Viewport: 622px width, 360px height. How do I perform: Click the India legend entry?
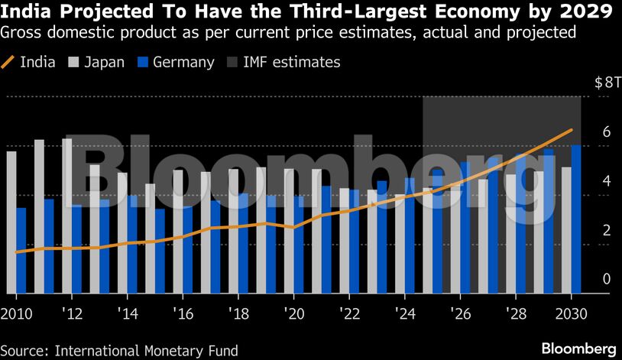tap(29, 62)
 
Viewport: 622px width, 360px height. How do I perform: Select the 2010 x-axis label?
tap(17, 313)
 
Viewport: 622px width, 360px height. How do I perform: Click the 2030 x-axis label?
tap(571, 313)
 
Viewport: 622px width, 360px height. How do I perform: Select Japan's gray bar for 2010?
tap(11, 222)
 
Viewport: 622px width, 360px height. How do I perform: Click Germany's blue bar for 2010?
tap(21, 250)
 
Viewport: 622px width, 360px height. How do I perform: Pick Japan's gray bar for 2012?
tap(66, 216)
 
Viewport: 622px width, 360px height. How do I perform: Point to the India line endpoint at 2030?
tap(571, 131)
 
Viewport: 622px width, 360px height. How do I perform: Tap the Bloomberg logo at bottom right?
tap(578, 349)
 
